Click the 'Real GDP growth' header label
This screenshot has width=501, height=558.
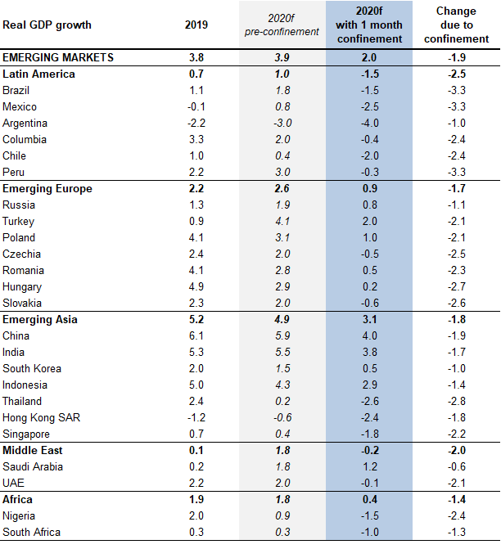tap(47, 25)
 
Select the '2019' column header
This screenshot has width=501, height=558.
tap(196, 25)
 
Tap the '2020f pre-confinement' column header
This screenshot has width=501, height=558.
tap(282, 25)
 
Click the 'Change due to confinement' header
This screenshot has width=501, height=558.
tap(457, 25)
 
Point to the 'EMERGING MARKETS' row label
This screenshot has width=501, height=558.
tap(58, 57)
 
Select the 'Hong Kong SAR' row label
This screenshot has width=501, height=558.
tap(41, 417)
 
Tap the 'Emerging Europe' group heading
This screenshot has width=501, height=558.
tap(47, 188)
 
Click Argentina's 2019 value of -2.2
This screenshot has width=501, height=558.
tap(196, 123)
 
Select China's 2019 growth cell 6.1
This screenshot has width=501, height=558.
tap(196, 335)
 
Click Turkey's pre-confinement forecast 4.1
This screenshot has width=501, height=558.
tap(282, 221)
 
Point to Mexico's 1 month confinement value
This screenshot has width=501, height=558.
tap(368, 106)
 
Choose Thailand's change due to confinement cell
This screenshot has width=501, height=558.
tap(457, 401)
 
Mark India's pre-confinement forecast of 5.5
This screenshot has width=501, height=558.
tap(282, 352)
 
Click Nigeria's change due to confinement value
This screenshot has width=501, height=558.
tap(457, 515)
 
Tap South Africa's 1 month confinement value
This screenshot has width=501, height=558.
tap(368, 532)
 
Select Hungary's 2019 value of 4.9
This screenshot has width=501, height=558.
tap(196, 286)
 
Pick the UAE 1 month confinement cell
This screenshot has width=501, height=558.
tap(368, 483)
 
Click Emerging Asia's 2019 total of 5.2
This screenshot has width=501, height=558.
tap(196, 319)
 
